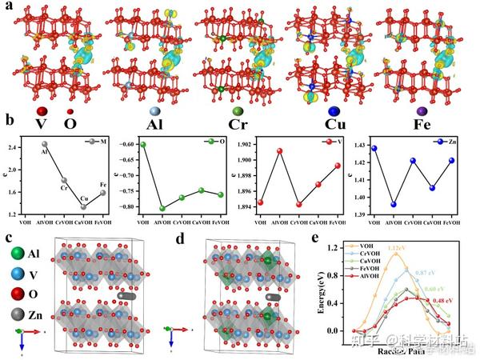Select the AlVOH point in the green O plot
pos(163,209)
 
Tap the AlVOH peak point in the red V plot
pos(280,150)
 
